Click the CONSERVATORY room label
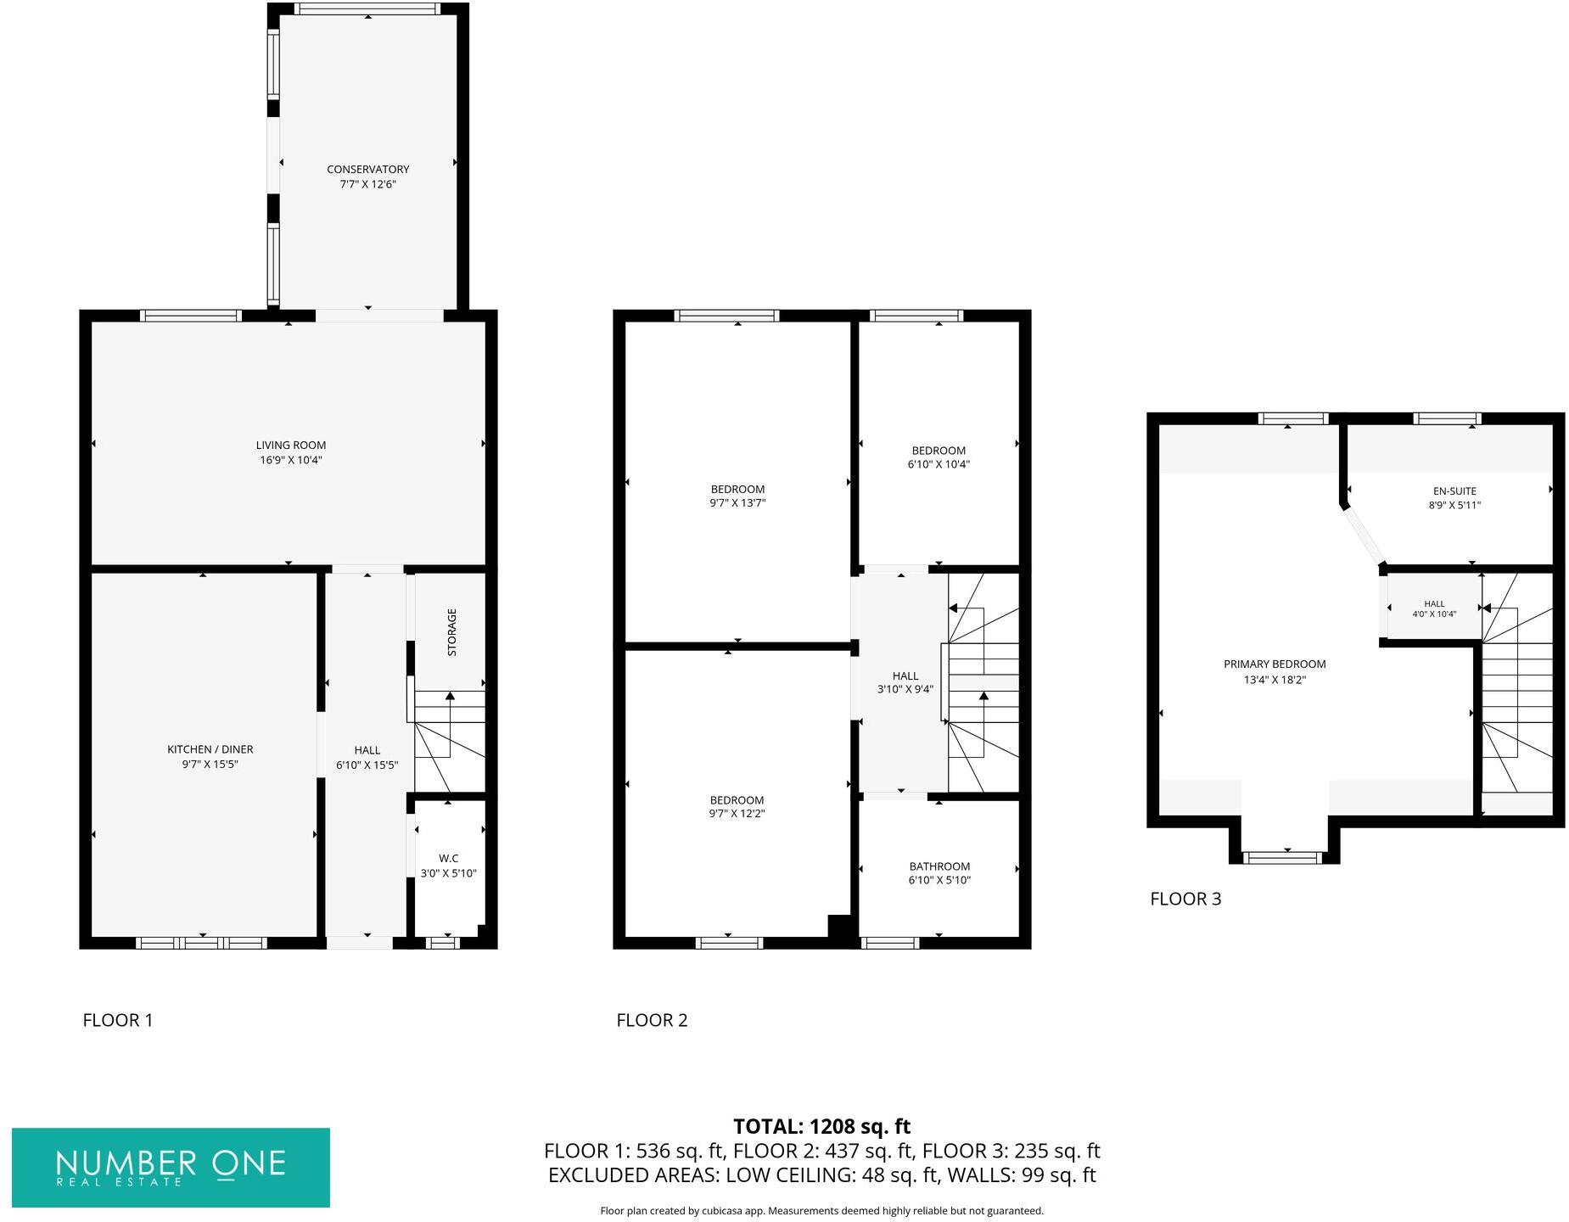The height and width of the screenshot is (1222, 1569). [x=367, y=170]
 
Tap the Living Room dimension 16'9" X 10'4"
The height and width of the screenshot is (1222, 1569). [x=291, y=461]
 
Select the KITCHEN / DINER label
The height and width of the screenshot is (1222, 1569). [x=210, y=749]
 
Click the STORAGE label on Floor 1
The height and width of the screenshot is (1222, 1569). [x=451, y=632]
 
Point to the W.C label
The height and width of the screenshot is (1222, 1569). [x=448, y=859]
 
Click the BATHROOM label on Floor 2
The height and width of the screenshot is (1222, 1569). [x=939, y=866]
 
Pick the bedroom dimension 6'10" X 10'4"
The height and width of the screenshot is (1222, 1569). [x=938, y=465]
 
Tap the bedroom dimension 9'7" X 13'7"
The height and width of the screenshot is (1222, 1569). [x=737, y=503]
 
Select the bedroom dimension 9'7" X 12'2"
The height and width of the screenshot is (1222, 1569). [x=737, y=814]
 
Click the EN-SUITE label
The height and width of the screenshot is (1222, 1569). [x=1454, y=490]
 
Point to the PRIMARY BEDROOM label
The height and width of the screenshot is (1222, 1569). [x=1274, y=664]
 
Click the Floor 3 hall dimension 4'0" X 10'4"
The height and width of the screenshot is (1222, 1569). [x=1433, y=614]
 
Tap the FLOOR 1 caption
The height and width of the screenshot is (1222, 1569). [x=118, y=1020]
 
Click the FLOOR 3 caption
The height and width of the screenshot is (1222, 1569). [x=1185, y=899]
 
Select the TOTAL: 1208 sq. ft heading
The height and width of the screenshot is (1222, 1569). [x=821, y=1126]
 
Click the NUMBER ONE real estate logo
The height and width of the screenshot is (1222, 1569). [x=171, y=1167]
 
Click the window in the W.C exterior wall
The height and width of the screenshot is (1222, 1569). [x=442, y=943]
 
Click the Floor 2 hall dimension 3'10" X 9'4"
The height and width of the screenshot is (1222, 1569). [x=905, y=690]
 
